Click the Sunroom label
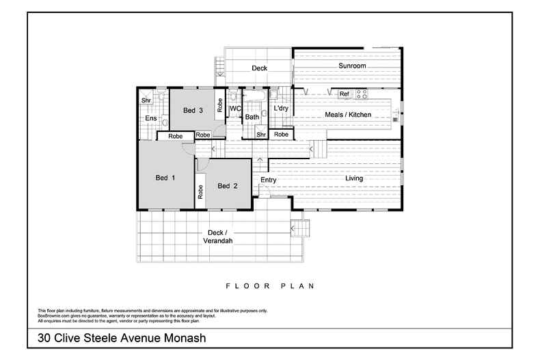(x=353, y=66)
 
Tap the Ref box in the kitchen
(x=344, y=94)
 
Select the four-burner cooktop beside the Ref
(x=361, y=94)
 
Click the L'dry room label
(x=280, y=109)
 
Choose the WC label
(x=234, y=109)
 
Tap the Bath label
(x=252, y=117)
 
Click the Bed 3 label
(x=193, y=111)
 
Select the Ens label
(x=151, y=118)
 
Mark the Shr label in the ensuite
(x=146, y=101)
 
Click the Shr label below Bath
(x=261, y=135)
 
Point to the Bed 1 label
(x=166, y=178)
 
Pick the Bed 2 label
(x=228, y=186)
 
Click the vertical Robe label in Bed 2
(x=200, y=192)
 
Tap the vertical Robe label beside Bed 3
(x=220, y=105)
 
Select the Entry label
(x=268, y=180)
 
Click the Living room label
(x=353, y=179)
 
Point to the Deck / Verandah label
(x=218, y=237)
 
